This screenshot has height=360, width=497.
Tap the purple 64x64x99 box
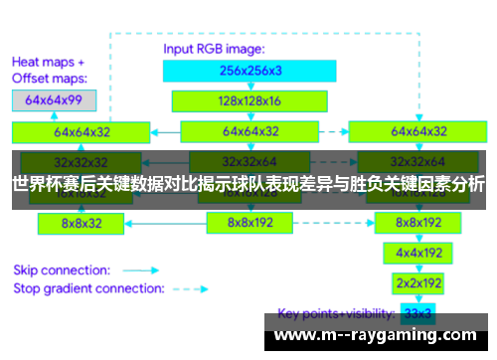click(x=54, y=100)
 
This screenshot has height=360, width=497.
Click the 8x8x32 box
click(x=82, y=224)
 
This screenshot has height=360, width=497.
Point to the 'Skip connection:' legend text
click(x=60, y=270)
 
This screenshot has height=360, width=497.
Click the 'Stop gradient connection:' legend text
click(x=87, y=288)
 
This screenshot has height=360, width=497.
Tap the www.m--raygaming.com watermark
click(x=377, y=334)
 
